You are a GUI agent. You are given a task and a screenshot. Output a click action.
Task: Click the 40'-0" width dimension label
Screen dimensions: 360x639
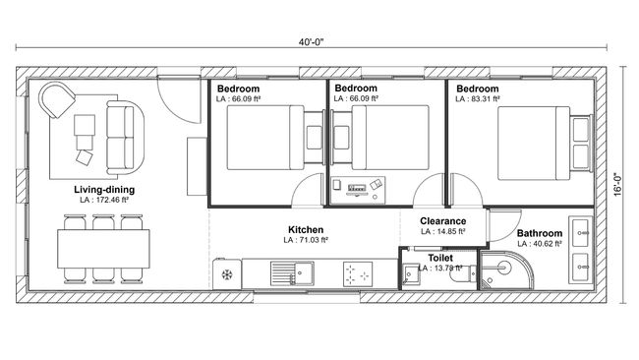click(x=313, y=42)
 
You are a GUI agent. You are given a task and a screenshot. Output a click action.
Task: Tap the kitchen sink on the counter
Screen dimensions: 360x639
click(x=292, y=272)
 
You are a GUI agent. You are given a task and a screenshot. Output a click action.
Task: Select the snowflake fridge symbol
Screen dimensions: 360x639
click(x=228, y=273)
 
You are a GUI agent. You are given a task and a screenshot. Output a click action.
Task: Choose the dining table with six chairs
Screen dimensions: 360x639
click(x=102, y=243)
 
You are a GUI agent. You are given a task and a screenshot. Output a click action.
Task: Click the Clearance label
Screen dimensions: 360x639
click(x=442, y=221)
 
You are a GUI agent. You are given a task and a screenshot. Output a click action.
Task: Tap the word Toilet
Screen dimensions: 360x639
click(x=440, y=257)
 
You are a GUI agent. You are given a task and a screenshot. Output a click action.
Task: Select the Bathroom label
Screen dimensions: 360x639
click(x=540, y=234)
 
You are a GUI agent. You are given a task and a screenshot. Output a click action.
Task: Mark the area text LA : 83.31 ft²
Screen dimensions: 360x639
click(x=477, y=98)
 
